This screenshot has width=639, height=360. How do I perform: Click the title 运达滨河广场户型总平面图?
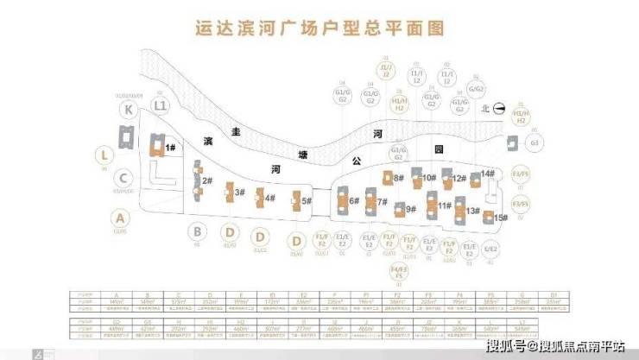[319, 29]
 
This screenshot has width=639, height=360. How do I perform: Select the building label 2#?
[207, 180]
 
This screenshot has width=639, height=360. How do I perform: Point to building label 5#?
[306, 200]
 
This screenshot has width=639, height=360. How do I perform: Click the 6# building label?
[353, 201]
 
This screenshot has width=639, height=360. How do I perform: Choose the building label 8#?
[399, 178]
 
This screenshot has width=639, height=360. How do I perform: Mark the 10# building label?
[428, 178]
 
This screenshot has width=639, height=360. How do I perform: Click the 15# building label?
[502, 218]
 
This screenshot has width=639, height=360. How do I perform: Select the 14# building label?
[489, 174]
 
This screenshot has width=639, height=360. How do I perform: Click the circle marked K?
[128, 110]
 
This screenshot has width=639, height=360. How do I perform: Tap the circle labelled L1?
[160, 105]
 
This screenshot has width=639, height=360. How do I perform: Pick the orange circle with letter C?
[125, 180]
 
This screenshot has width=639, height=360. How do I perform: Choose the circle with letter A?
[120, 218]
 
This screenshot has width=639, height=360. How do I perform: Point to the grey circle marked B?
[198, 231]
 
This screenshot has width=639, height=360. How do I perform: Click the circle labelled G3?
[535, 142]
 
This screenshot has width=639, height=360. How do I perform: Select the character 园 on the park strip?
[439, 148]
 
